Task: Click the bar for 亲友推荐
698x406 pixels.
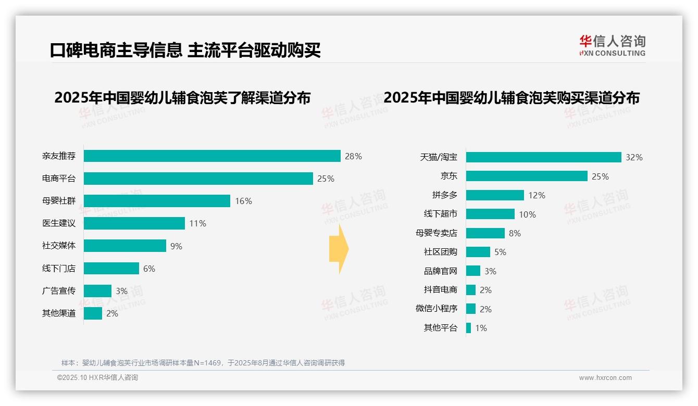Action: pyautogui.click(x=212, y=156)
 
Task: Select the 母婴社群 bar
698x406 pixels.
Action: pyautogui.click(x=157, y=201)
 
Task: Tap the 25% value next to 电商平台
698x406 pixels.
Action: pyautogui.click(x=326, y=179)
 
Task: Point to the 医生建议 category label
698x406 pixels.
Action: pyautogui.click(x=59, y=223)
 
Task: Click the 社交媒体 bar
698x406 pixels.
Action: pyautogui.click(x=125, y=246)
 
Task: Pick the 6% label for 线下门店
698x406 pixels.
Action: pyautogui.click(x=149, y=269)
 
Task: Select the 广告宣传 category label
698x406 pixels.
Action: pyautogui.click(x=59, y=290)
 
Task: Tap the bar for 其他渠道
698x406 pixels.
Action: pyautogui.click(x=93, y=313)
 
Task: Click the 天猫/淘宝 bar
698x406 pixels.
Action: pyautogui.click(x=543, y=157)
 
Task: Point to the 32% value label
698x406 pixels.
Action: pyautogui.click(x=634, y=157)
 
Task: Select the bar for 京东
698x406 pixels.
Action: pyautogui.click(x=527, y=176)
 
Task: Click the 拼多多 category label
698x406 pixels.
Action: pyautogui.click(x=444, y=195)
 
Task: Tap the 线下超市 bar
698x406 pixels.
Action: pyautogui.click(x=490, y=214)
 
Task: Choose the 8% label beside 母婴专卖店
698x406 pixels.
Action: pyautogui.click(x=515, y=233)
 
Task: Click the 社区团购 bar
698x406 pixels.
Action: pyautogui.click(x=478, y=252)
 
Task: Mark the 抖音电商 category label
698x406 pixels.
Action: pyautogui.click(x=440, y=290)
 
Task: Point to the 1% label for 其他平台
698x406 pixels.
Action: pyautogui.click(x=481, y=328)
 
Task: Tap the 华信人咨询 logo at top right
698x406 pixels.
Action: pyautogui.click(x=612, y=45)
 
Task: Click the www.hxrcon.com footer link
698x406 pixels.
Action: pyautogui.click(x=605, y=378)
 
